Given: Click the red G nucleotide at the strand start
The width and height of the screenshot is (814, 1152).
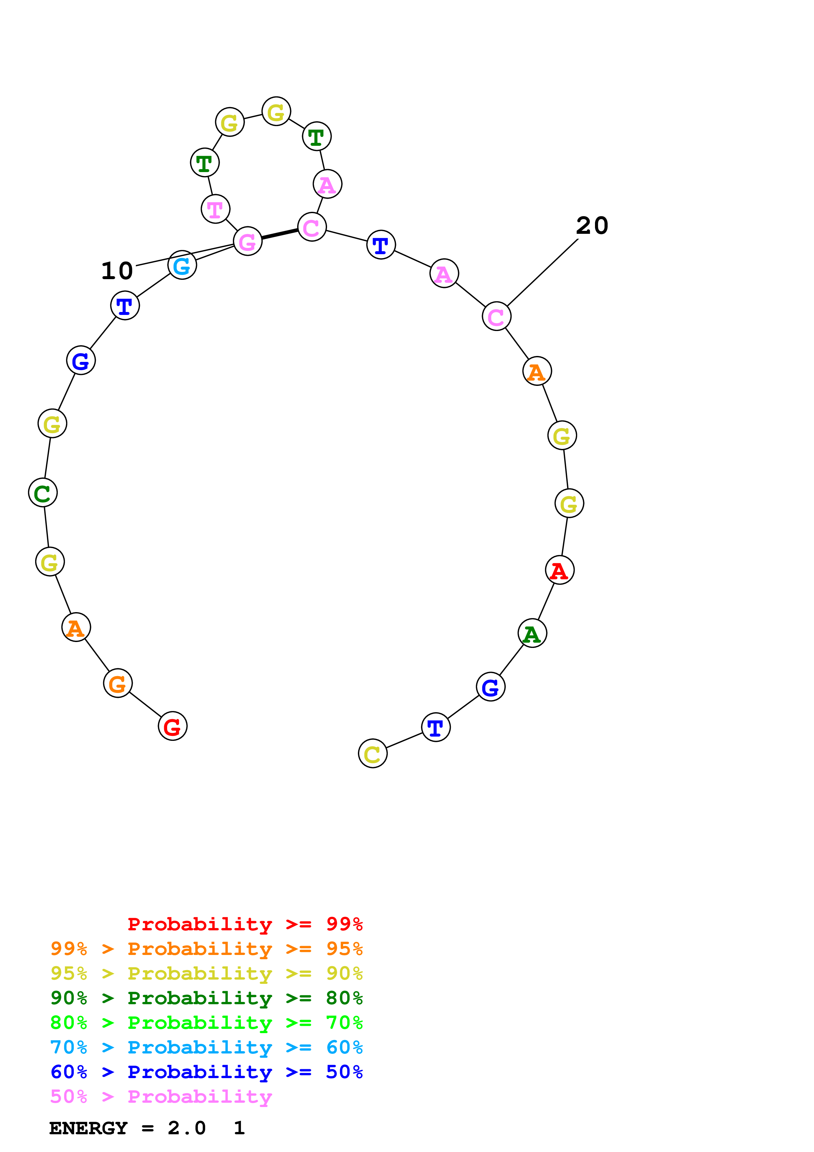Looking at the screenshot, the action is click(172, 726).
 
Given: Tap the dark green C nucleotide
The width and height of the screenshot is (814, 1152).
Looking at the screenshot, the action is click(43, 493).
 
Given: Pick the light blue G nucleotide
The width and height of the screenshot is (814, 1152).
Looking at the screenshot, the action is click(182, 265).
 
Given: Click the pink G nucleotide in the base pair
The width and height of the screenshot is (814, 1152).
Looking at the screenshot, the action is click(248, 241).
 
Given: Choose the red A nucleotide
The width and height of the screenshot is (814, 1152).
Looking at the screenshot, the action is click(560, 570).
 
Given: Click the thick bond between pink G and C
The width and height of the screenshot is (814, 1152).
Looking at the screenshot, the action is click(279, 234).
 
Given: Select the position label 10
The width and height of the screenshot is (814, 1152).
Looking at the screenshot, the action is click(117, 271).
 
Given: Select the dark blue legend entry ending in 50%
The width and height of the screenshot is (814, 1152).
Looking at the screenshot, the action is click(206, 1072).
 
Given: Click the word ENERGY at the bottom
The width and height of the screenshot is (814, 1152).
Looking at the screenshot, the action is click(88, 1128).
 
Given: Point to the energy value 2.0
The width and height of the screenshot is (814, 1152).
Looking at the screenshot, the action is click(187, 1128).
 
